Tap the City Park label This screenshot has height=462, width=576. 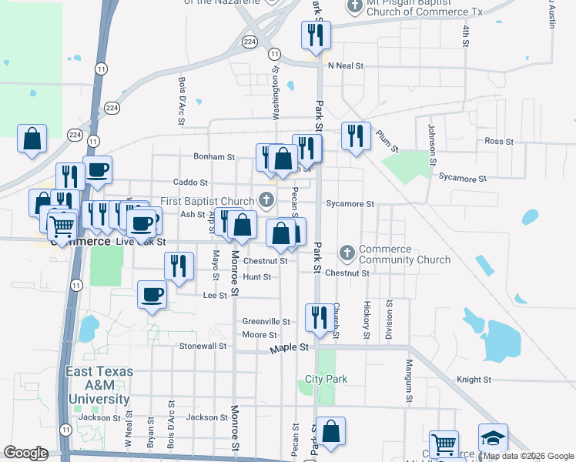point(327,379)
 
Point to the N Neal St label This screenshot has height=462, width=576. point(344,66)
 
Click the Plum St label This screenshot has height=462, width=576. point(387,140)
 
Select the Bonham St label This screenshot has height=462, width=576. point(214,156)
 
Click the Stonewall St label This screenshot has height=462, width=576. point(203,346)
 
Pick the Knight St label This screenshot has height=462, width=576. point(474,380)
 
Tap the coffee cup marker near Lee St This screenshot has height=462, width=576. point(152,294)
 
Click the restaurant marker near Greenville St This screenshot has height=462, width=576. point(317,316)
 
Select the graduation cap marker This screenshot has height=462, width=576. point(493,437)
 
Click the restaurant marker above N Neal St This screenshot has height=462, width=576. point(316,35)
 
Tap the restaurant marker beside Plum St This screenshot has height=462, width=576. point(356,136)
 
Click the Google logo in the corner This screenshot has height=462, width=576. point(25,452)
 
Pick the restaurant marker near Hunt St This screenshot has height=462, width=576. point(179,266)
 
